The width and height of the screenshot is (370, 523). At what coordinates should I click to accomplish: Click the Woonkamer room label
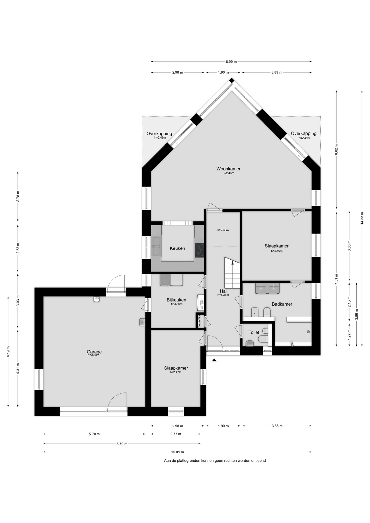(228, 169)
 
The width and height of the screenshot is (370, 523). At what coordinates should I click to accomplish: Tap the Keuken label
(177, 248)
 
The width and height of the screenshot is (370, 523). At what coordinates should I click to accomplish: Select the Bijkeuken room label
(177, 300)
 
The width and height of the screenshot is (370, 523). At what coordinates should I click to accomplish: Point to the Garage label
(94, 352)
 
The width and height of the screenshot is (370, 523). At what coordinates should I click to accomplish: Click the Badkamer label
(282, 304)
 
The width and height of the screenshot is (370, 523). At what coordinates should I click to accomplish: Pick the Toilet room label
(254, 332)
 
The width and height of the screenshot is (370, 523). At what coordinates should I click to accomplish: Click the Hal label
(223, 291)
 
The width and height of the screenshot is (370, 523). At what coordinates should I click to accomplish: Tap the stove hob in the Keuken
(199, 250)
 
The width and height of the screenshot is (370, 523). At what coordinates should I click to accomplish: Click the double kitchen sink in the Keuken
(157, 246)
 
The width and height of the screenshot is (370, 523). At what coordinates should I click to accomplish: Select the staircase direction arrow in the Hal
(232, 262)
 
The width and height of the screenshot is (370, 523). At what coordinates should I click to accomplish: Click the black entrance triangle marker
(214, 360)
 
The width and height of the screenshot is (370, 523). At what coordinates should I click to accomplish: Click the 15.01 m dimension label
(178, 452)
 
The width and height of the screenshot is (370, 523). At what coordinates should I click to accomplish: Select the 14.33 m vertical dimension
(362, 218)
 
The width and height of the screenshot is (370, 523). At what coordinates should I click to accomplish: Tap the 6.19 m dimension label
(8, 351)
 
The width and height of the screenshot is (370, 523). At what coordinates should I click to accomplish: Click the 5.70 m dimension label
(94, 434)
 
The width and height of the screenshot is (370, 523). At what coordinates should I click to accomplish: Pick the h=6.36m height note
(223, 295)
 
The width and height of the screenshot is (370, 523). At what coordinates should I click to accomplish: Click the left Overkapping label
(159, 133)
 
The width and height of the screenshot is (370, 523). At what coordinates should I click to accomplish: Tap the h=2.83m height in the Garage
(93, 355)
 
